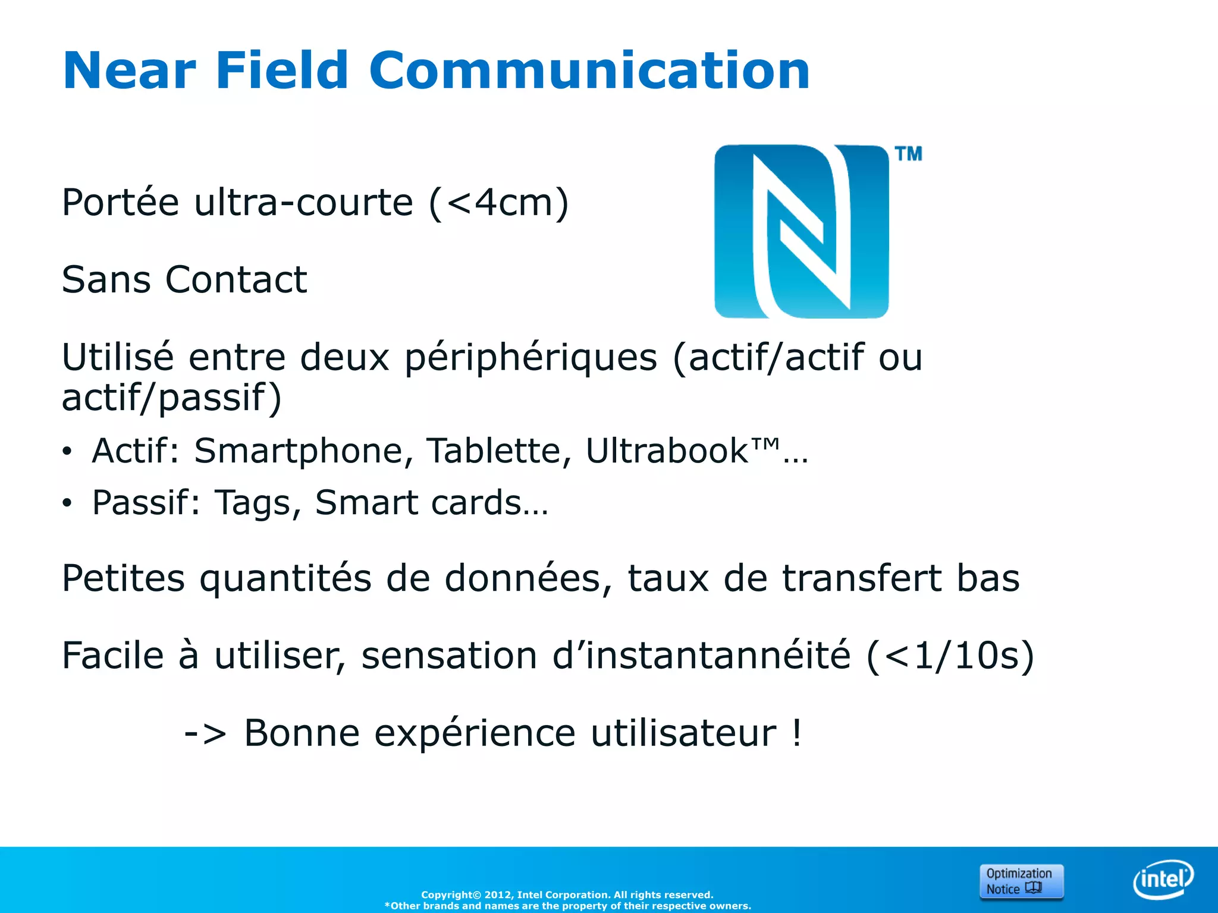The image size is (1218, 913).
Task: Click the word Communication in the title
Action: pos(589,71)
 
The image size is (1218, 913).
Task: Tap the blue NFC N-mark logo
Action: pos(801,231)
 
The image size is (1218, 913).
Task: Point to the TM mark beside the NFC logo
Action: pos(909,154)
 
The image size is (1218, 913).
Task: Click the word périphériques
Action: pos(530,358)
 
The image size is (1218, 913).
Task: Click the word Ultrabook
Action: pos(667,451)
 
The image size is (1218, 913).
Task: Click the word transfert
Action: pos(862,578)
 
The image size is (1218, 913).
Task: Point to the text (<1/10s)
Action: pos(950,656)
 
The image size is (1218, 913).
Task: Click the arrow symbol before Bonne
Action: pos(205,733)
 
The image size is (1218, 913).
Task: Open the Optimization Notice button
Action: pos(1021,881)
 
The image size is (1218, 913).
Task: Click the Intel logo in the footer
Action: pos(1163,879)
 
